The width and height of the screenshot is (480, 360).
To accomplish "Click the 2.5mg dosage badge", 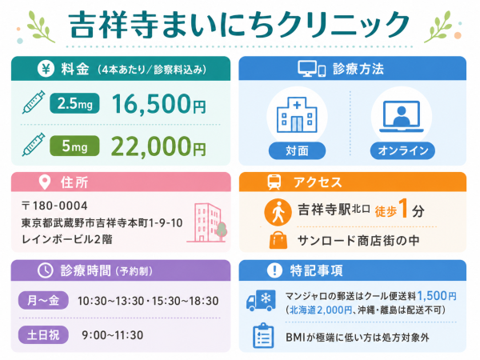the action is click(74, 103).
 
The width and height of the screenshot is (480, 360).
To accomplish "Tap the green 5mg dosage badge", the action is click(74, 146).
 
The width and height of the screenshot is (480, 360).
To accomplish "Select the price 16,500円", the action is click(158, 104).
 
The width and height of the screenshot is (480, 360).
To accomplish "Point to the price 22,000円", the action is click(158, 146).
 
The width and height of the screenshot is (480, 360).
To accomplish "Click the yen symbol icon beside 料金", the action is click(46, 69).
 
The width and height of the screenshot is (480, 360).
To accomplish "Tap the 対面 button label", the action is click(297, 150).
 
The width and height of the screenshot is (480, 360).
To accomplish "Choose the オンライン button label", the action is click(402, 150).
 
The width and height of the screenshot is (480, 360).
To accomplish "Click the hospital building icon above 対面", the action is click(297, 114).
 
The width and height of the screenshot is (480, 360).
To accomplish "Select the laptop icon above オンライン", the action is click(402, 116).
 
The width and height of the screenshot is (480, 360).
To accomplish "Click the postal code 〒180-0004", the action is click(54, 206).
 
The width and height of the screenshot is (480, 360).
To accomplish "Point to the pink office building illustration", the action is click(207, 223).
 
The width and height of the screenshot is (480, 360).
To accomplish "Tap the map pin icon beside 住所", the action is click(45, 182).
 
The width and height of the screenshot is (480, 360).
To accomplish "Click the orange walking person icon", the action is click(278, 212).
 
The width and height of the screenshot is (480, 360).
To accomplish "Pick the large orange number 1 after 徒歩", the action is click(403, 208).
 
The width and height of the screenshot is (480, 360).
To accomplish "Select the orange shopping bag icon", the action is click(278, 240).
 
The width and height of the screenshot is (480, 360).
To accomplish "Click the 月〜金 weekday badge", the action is click(43, 300).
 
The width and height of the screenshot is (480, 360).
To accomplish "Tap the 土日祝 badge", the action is click(43, 335).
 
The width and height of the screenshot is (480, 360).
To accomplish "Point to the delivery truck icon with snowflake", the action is click(261, 301).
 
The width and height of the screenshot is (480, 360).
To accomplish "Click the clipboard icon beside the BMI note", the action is click(263, 336).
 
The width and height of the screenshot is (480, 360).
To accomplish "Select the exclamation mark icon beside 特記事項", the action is click(274, 270).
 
